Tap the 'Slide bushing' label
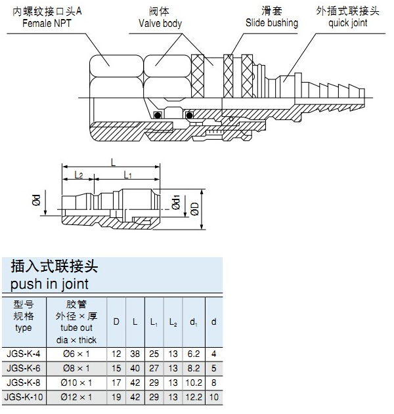[x=271, y=24]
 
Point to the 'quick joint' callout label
[x=348, y=24]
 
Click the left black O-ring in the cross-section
[x=158, y=115]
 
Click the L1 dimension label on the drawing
[x=127, y=175]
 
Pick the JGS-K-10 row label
[x=24, y=397]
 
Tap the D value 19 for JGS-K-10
[x=116, y=397]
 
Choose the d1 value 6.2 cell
[x=193, y=354]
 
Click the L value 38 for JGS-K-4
[x=134, y=354]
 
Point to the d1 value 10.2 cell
[x=193, y=383]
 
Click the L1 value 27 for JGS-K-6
[x=153, y=368]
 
